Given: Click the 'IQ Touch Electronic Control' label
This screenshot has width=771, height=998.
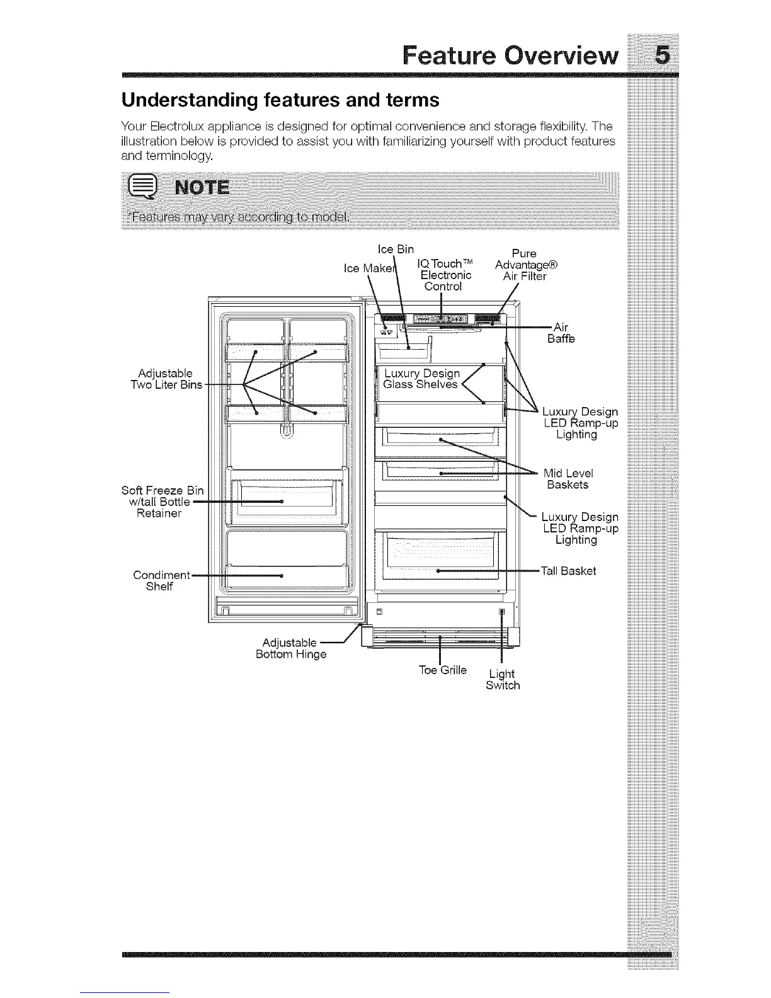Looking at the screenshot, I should coord(447,275).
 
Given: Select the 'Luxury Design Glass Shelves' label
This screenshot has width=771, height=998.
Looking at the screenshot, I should coord(421,379).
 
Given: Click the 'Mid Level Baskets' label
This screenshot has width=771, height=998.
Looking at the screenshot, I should coord(568,479).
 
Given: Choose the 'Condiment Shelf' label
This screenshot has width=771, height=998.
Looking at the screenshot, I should coord(161,580).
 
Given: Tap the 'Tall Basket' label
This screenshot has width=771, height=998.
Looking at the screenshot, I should coord(569,571).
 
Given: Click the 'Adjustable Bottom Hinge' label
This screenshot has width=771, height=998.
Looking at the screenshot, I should coord(290,648).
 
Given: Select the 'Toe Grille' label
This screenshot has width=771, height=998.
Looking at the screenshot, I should coord(443,670).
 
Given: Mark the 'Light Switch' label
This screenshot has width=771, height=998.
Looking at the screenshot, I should coord(503,680).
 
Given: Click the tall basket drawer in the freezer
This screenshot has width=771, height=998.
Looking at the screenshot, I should coord(439,555).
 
